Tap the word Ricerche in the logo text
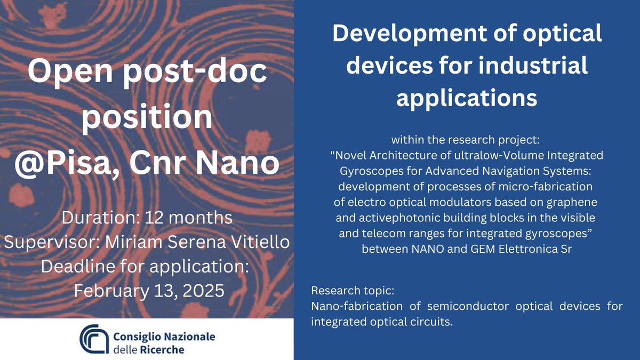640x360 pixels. coord(160,350)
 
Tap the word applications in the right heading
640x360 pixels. coord(467,98)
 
